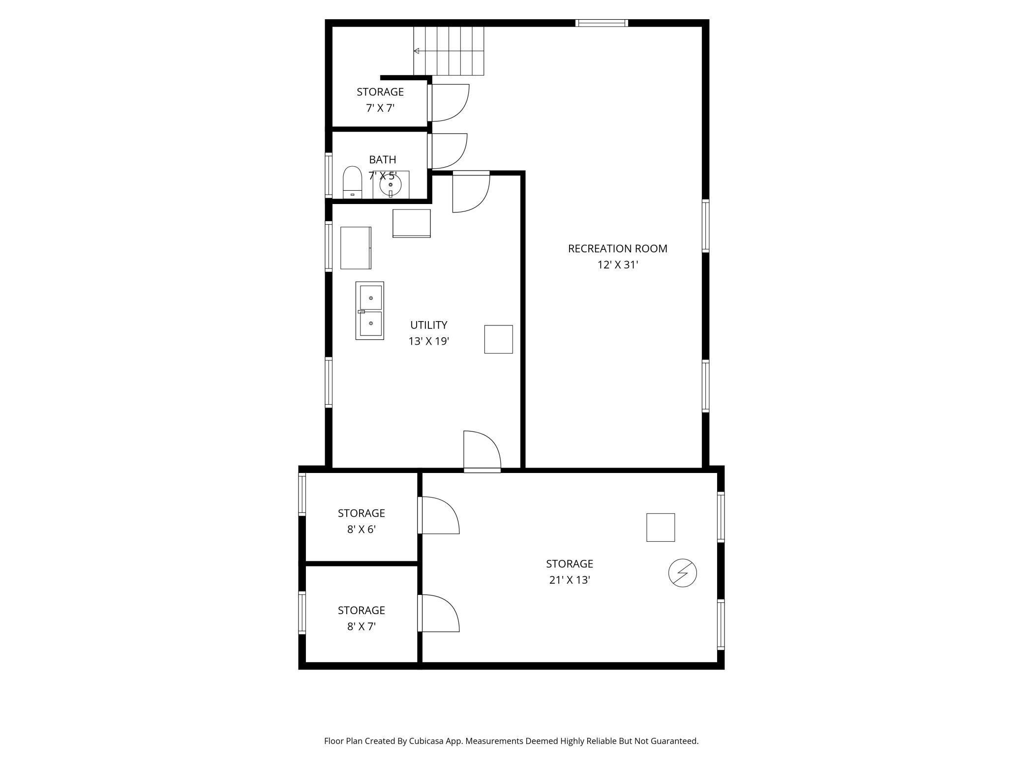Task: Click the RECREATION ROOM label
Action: coord(617,249)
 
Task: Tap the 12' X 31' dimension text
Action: coord(617,265)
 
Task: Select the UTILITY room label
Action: coord(428,325)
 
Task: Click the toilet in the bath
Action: coord(352,182)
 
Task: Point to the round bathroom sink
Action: coord(391,185)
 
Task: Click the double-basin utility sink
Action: coord(370,310)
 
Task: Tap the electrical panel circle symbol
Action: coord(682,573)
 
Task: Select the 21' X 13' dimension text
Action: coord(569,580)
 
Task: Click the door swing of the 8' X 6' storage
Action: coord(439,515)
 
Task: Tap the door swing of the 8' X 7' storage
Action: coord(439,613)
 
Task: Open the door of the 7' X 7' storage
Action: coord(450,102)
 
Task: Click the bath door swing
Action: coord(449,150)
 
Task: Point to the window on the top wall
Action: coord(602,23)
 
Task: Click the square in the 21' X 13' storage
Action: coord(660,528)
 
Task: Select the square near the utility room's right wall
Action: coord(498,339)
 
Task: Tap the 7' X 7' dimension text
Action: coord(380,108)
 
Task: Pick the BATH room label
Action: coord(382,160)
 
